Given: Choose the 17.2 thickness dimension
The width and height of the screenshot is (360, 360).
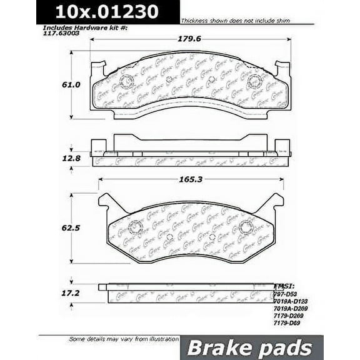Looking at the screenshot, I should (x=53, y=292).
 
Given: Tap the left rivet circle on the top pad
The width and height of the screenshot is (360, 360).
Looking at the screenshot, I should (x=124, y=80).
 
